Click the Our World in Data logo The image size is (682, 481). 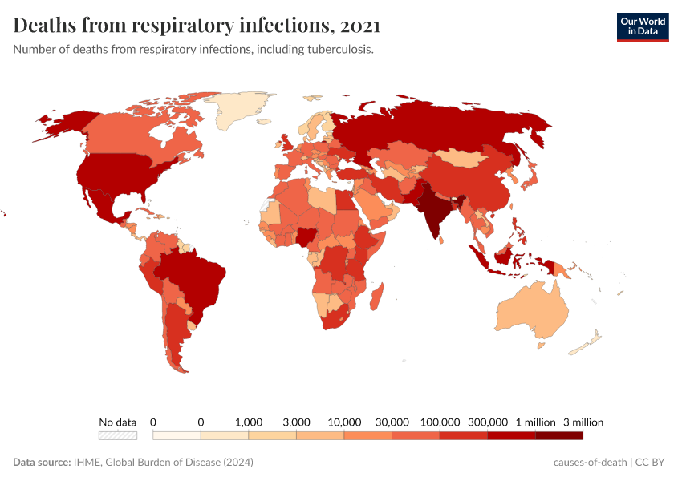tap(642, 26)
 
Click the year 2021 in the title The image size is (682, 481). tap(360, 26)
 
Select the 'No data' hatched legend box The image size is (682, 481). tap(118, 435)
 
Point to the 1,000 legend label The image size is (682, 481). tap(249, 422)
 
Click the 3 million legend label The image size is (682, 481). tap(583, 422)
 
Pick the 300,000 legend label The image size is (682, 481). tap(488, 422)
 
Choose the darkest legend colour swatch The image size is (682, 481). tap(559, 435)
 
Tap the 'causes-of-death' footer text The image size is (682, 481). tap(590, 463)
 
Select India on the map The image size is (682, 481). tap(434, 212)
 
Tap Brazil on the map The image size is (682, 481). tap(197, 277)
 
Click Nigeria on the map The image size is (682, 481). tap(307, 236)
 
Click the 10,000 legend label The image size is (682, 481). tap(344, 422)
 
